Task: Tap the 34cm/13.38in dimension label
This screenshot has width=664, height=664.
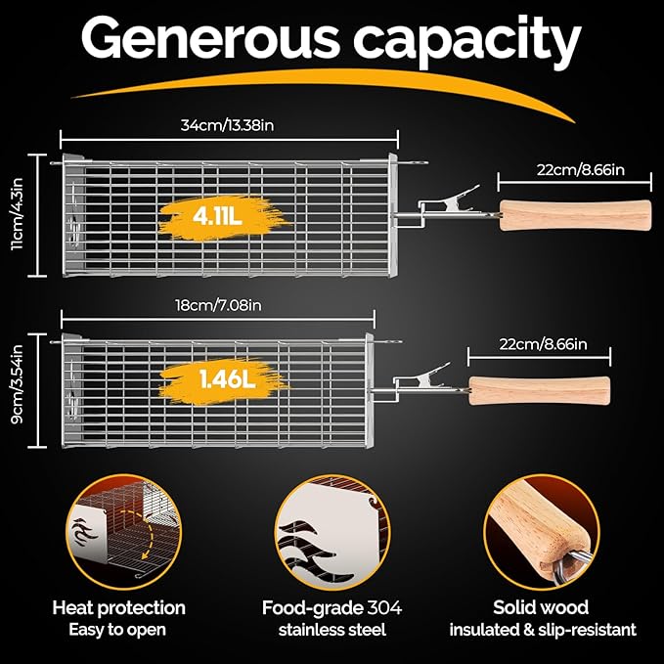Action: pos(228,125)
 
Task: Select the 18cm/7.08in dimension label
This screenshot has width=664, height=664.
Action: pos(218,305)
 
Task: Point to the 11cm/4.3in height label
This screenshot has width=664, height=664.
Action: pos(18,214)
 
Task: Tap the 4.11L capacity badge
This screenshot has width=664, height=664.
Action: pos(217,217)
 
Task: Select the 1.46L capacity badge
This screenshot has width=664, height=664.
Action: pos(228,379)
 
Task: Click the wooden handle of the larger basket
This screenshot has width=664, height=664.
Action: pos(575,215)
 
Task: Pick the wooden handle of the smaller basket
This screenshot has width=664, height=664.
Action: pos(539,391)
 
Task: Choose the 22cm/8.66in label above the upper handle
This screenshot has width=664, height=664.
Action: pos(581,170)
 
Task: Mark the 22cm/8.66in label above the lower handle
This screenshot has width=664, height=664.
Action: pos(543,344)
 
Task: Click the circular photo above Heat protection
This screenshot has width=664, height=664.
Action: pos(124,531)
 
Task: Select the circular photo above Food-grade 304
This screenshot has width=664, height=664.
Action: pos(332,532)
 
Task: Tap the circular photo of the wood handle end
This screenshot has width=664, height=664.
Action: pos(541,532)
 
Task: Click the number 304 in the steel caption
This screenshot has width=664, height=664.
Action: pos(384,607)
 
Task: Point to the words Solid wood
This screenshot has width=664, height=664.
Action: pos(541,607)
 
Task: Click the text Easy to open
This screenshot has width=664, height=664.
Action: pos(117,630)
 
